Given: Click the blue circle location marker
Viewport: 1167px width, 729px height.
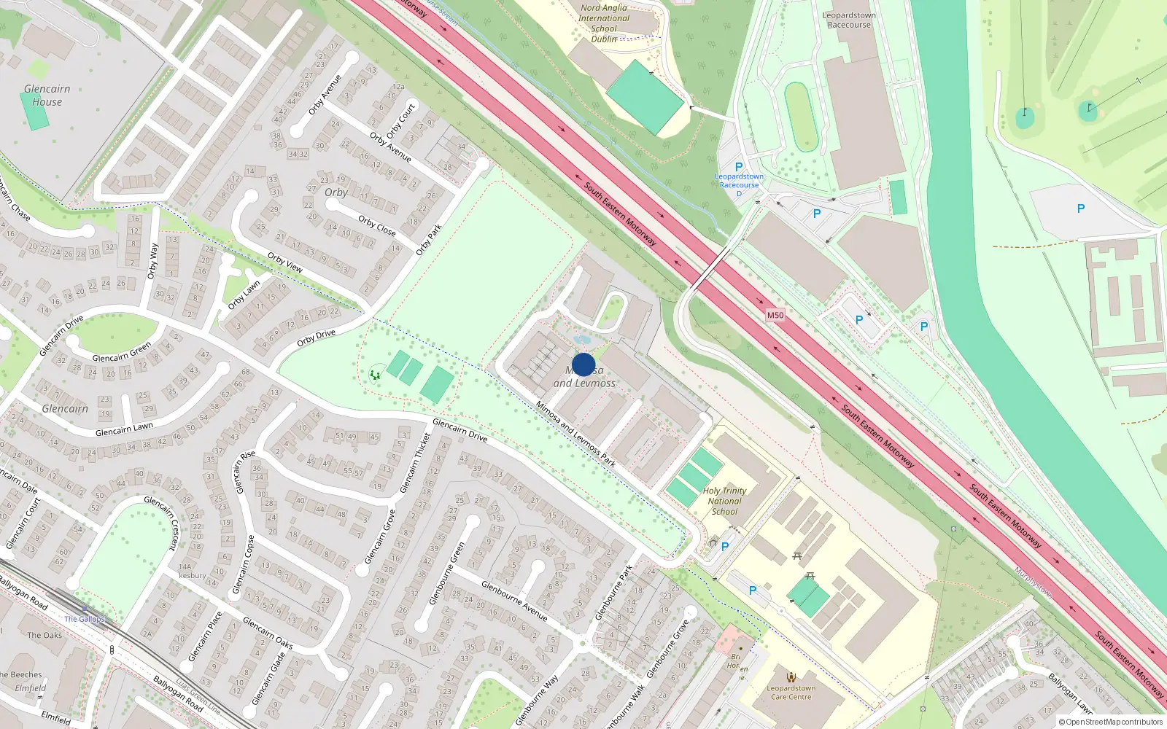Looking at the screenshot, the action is coord(583,364).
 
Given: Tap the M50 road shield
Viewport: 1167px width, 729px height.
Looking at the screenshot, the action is coord(775,316).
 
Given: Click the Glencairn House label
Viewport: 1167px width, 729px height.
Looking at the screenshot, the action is coord(47,95).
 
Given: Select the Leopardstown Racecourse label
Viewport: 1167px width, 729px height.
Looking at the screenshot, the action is coord(849,20).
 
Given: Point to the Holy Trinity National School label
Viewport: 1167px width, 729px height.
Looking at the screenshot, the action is coord(724,501).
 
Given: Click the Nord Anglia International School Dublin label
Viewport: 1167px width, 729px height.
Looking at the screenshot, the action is coord(604,23).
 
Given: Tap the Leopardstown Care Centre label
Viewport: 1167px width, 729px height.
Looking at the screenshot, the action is coord(791,693).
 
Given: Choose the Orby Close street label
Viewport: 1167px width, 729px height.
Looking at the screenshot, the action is coord(377,225).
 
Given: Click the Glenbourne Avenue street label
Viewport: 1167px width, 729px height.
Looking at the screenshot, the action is coord(514,601).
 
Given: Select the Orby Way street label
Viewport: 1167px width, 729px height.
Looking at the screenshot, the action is coord(152,261).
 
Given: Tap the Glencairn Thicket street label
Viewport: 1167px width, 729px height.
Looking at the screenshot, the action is coord(416,463).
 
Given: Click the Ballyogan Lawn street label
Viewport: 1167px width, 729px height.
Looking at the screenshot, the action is coord(1070,693).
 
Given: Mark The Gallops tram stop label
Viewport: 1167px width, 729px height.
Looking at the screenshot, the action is coord(85,619).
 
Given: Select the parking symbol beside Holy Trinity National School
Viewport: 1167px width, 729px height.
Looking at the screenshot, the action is coord(725,546).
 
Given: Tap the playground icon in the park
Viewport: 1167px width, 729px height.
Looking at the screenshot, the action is coord(375,375).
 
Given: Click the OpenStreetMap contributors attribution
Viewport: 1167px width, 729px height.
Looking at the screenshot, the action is coord(1112,722).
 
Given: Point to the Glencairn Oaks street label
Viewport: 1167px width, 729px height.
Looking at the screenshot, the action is coord(268,633).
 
